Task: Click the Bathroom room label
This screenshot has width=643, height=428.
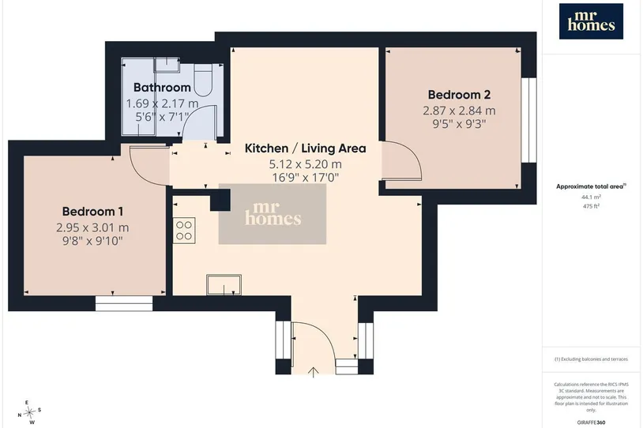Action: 162,88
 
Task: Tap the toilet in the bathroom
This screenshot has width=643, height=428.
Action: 201,80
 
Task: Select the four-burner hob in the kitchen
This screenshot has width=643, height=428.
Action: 184,231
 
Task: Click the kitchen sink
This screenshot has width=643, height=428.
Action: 224,285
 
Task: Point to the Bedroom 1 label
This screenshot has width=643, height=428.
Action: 92,212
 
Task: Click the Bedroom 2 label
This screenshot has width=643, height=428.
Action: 459,95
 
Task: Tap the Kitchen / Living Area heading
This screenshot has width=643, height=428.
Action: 305,148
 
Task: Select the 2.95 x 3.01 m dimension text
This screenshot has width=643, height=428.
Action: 92,227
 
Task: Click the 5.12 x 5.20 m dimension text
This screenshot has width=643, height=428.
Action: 305,164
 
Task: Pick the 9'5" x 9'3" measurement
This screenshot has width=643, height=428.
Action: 459,124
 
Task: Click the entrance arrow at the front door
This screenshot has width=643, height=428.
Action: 314,372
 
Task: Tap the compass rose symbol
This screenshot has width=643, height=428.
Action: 29,412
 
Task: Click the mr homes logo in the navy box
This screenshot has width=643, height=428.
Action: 592,21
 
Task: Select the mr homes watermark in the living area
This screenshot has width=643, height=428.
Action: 273,214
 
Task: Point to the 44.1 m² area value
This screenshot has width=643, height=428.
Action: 592,197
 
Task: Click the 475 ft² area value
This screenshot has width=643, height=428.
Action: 592,206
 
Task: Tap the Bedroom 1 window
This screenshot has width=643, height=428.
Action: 124,304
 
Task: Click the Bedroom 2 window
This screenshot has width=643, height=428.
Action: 529,120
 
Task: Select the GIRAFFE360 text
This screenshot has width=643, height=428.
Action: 592,422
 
